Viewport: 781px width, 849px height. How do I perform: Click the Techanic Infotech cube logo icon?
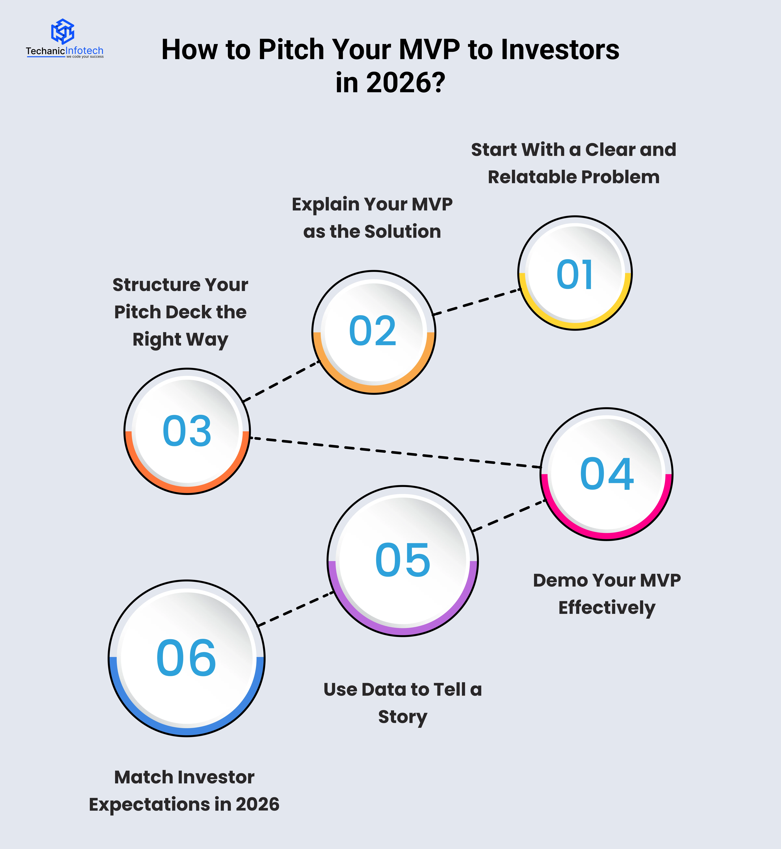point(63,31)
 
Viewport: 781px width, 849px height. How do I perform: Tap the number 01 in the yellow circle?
point(575,274)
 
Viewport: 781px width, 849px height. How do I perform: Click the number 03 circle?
point(187,431)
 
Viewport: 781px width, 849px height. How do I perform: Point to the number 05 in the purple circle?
point(403,560)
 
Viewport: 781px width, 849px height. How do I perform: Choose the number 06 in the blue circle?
point(186,658)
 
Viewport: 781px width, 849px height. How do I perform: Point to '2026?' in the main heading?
point(406,83)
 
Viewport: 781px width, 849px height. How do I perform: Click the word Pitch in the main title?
point(291,50)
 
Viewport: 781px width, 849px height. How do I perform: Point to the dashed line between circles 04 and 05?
point(509,515)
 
